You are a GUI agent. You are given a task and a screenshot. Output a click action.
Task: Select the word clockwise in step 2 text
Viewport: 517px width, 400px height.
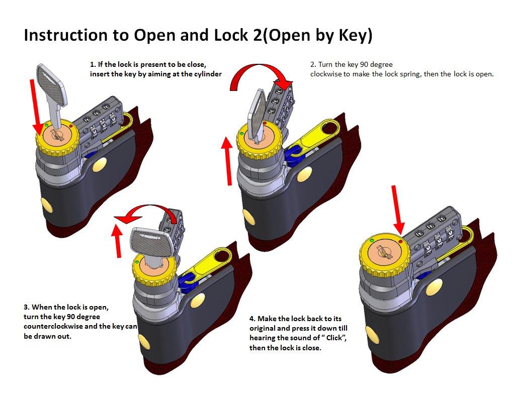coord(327,74)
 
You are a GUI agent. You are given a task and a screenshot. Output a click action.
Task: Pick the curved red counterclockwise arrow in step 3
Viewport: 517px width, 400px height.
coord(146,214)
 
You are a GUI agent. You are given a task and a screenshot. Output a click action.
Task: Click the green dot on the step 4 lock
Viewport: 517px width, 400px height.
coord(372,241)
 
